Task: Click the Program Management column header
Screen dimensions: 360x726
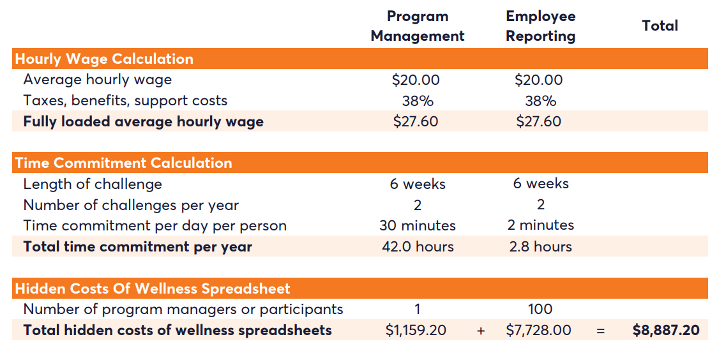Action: click(x=418, y=26)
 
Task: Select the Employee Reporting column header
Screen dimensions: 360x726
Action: click(x=540, y=26)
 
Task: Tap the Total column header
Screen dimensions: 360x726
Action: click(x=660, y=26)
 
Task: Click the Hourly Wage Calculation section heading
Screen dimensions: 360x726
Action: click(x=104, y=59)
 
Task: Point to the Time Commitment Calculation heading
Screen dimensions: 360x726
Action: click(x=123, y=163)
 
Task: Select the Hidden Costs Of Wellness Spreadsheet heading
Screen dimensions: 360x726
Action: click(x=153, y=289)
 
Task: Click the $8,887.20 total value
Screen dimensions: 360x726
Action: click(x=666, y=330)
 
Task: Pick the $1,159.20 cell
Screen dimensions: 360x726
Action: click(x=416, y=330)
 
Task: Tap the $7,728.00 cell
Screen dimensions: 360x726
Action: click(x=539, y=330)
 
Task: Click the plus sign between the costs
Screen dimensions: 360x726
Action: click(x=481, y=331)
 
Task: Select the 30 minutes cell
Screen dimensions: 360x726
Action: click(x=418, y=225)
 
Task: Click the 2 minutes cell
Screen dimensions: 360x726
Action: click(x=540, y=225)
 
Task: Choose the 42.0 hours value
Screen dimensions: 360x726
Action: click(x=418, y=246)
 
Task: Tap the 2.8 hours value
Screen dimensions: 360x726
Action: click(x=540, y=246)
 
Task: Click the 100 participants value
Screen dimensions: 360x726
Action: click(x=540, y=310)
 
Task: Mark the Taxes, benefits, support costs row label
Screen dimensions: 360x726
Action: click(x=125, y=101)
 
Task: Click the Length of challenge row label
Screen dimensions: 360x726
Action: click(x=93, y=184)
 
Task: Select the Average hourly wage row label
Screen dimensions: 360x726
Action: click(x=98, y=80)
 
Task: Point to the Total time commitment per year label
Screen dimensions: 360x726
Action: click(x=138, y=246)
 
